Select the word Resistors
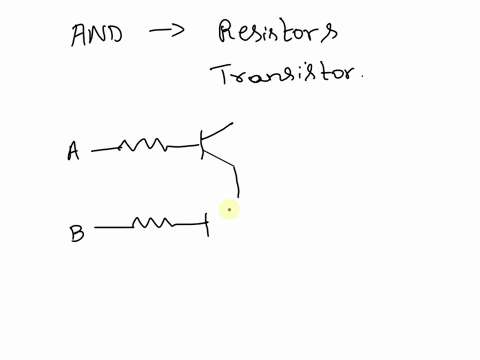click(x=278, y=34)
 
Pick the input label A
click(x=73, y=152)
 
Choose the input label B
click(x=77, y=233)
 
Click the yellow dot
click(x=230, y=209)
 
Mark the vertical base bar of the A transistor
click(x=201, y=146)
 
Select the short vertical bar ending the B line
click(x=207, y=224)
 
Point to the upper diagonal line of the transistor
click(x=219, y=132)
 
